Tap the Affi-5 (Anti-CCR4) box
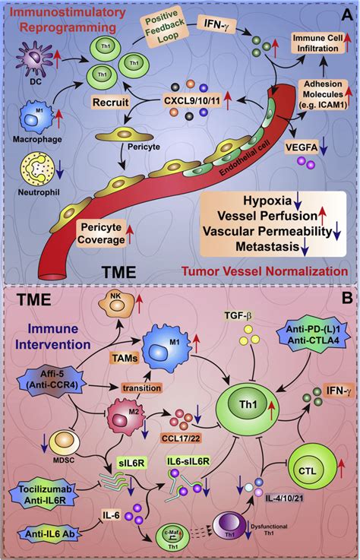50,378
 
